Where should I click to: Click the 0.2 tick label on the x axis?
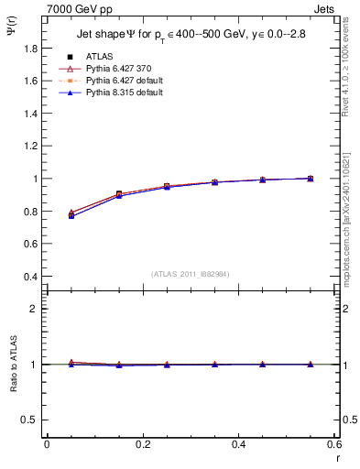(142, 444)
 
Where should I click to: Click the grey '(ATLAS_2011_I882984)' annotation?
(191, 274)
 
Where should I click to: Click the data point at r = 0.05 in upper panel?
(71, 215)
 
